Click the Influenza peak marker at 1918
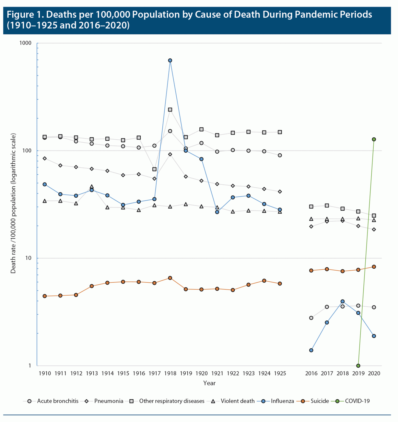[170, 60]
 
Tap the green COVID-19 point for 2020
[374, 139]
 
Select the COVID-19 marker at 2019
[358, 366]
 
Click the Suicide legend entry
[320, 401]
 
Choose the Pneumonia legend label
[109, 401]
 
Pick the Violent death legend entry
[237, 401]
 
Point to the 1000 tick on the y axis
[25, 43]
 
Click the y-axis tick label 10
[28, 258]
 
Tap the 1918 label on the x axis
[170, 373]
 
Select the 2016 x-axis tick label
[311, 373]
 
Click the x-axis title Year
[209, 383]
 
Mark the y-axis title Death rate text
[13, 203]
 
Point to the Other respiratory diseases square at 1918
[170, 110]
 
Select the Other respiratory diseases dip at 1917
[154, 169]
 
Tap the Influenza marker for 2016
[311, 350]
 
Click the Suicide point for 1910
[45, 296]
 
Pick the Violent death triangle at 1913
[92, 187]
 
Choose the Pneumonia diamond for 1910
[45, 159]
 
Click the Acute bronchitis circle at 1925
[280, 155]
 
